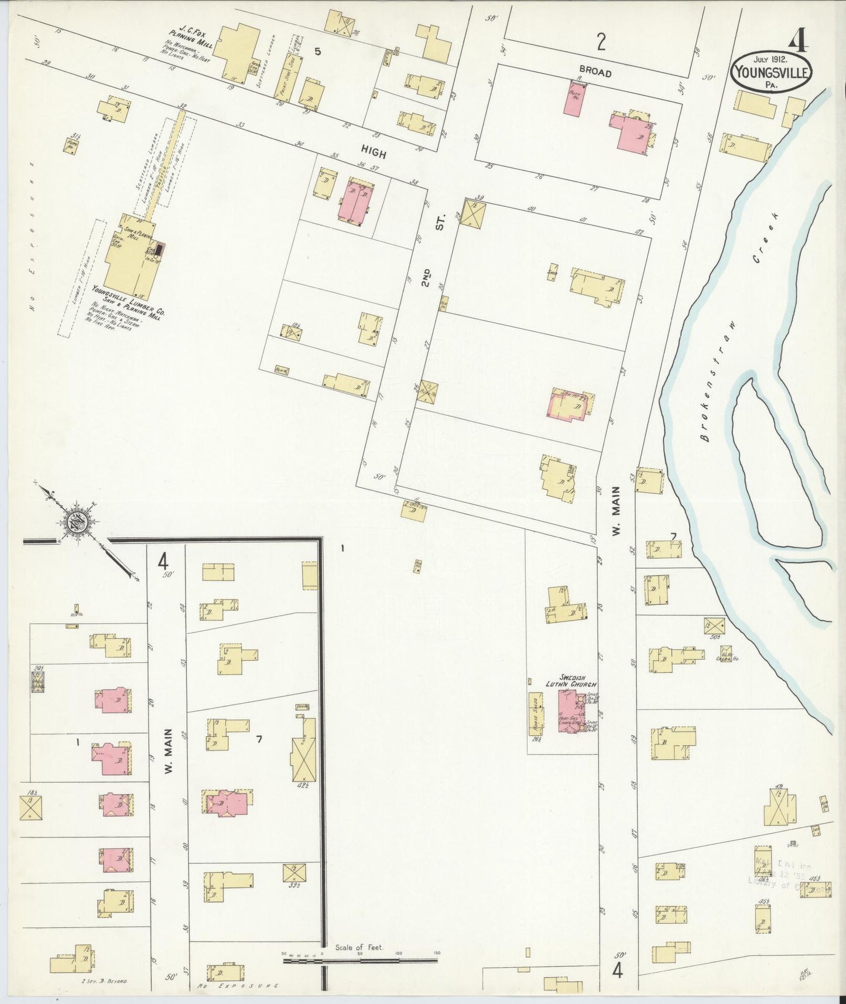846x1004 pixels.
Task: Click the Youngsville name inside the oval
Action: [771, 73]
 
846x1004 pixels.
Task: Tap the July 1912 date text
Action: [770, 59]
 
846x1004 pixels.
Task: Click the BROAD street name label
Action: [596, 73]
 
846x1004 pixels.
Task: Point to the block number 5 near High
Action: [317, 51]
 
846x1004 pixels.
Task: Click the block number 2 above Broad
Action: [601, 41]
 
